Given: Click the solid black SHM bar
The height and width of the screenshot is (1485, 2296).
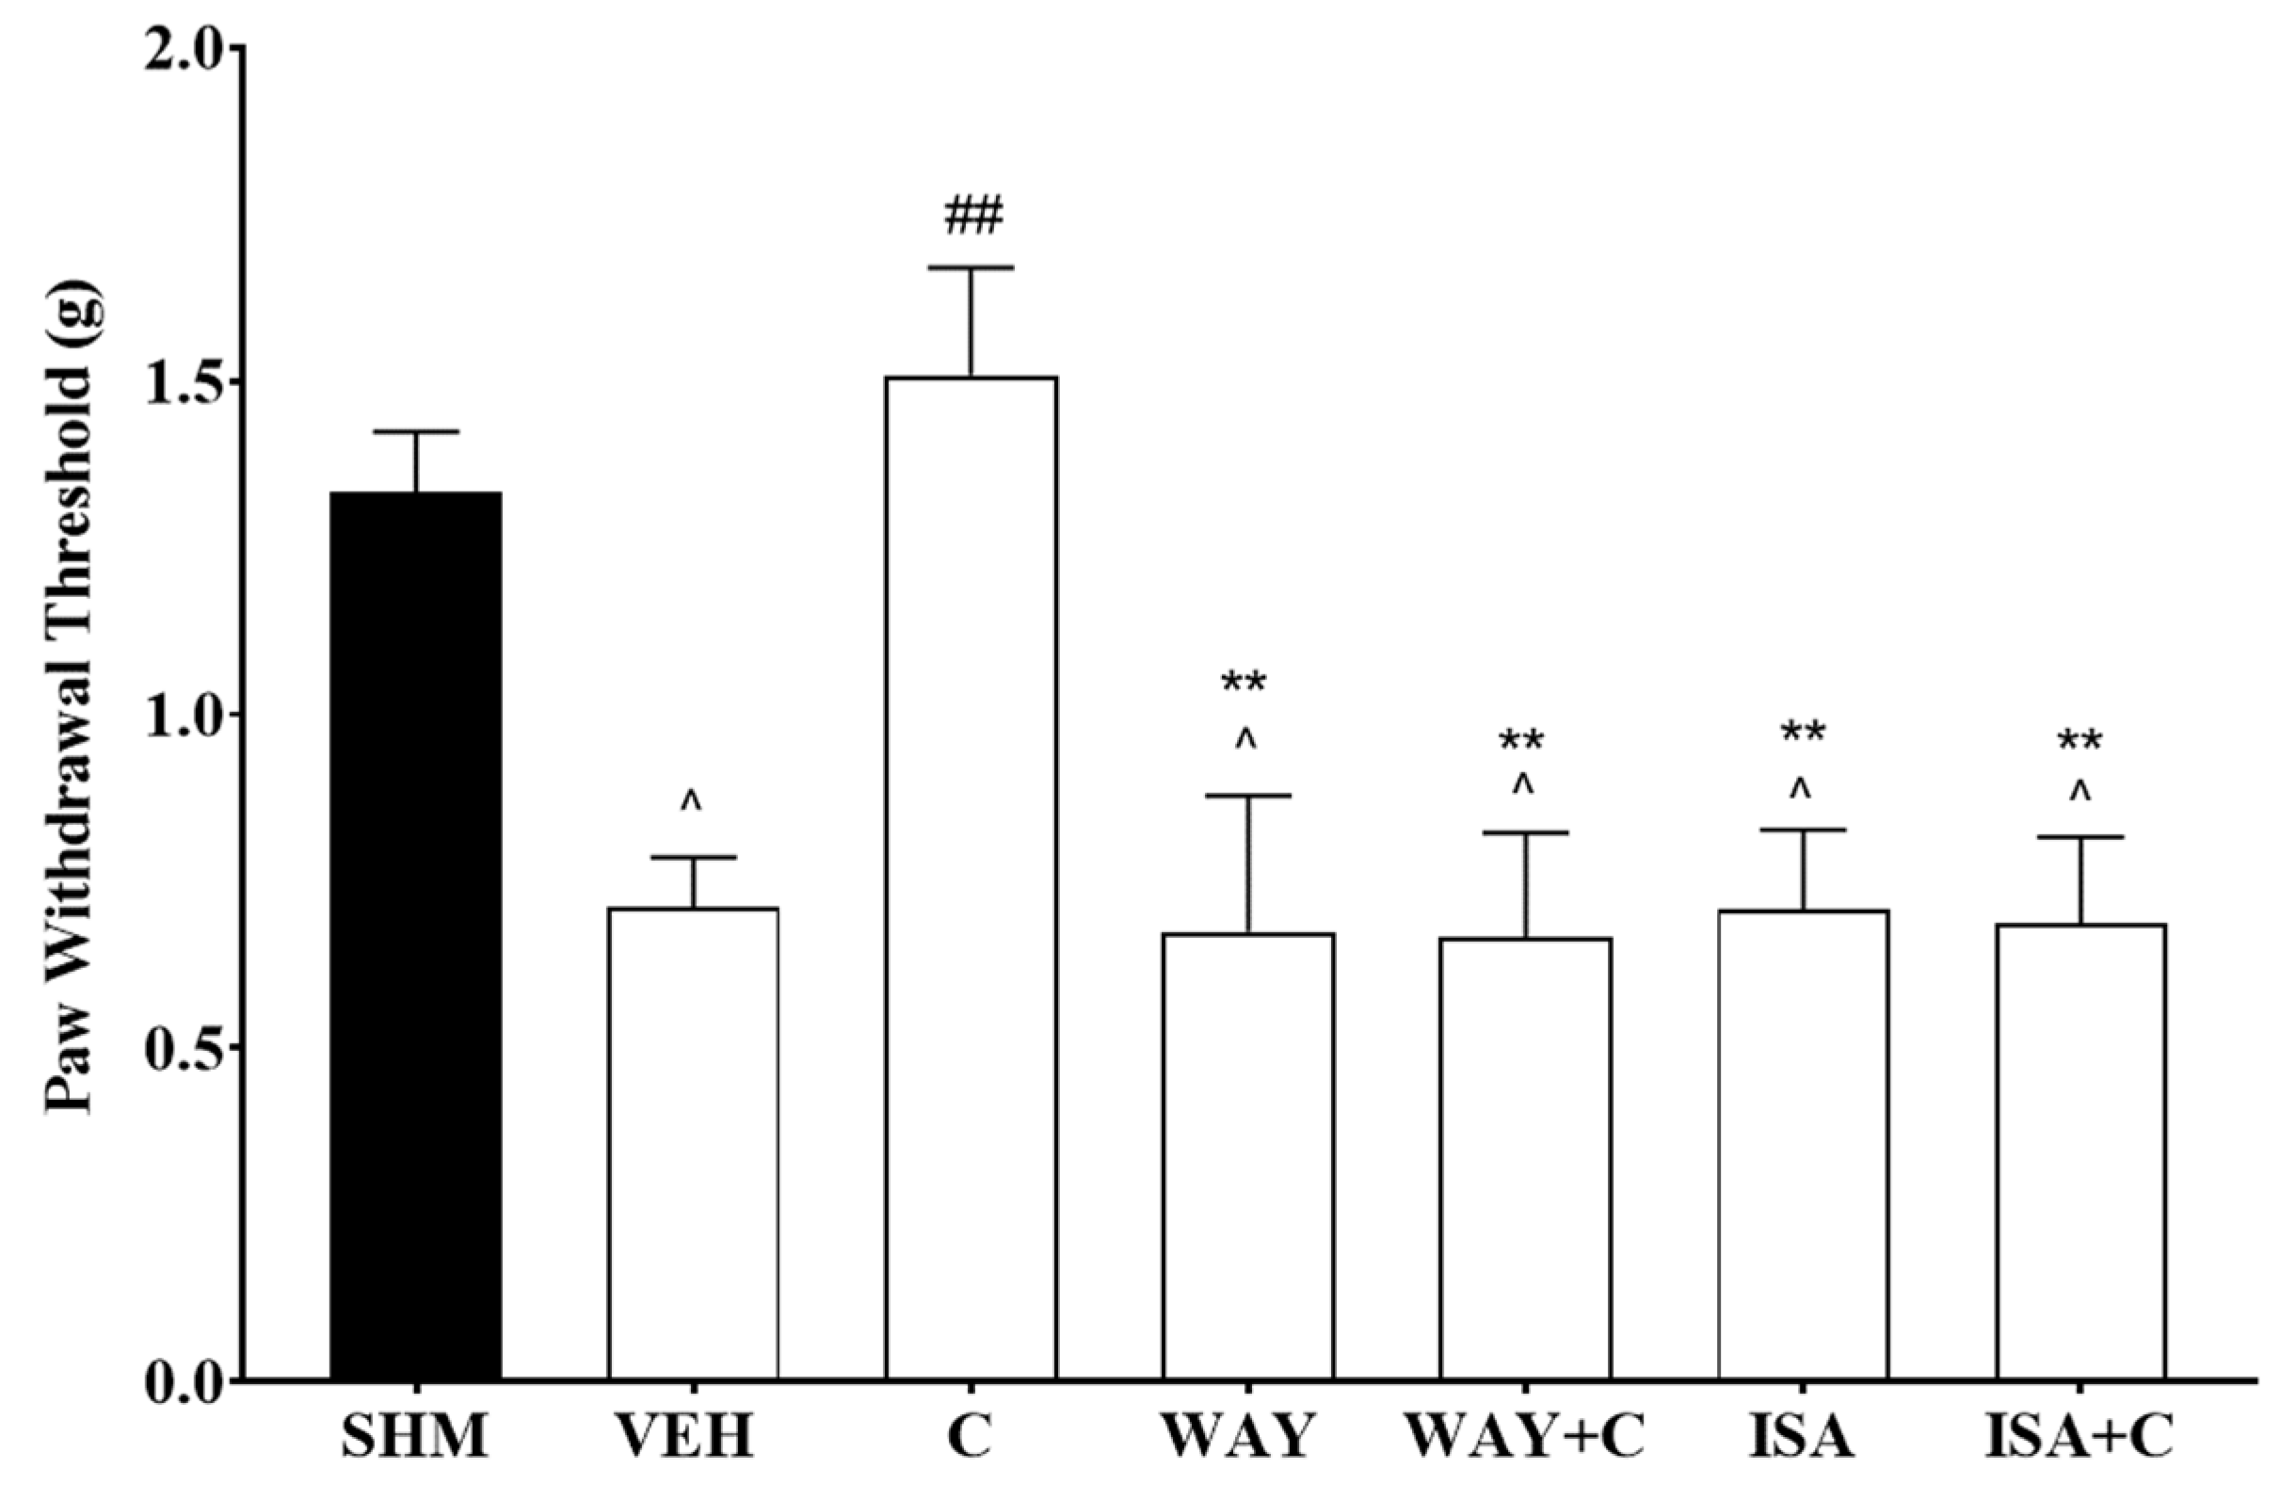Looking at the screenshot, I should pyautogui.click(x=415, y=935).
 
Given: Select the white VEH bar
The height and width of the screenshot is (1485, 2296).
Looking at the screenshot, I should pyautogui.click(x=693, y=1142).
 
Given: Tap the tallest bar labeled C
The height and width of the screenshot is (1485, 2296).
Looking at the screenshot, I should pyautogui.click(x=971, y=878).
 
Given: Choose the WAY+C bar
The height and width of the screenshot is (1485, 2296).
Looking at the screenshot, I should pyautogui.click(x=1526, y=1157).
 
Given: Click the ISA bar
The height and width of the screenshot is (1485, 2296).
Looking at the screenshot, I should pyautogui.click(x=1803, y=1143).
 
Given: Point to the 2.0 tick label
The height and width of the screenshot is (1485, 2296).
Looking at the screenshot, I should pyautogui.click(x=190, y=48).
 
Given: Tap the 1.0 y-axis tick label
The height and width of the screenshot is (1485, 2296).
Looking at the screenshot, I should pyautogui.click(x=190, y=717).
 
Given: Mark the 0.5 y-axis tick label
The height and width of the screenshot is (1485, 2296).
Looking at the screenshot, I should pyautogui.click(x=190, y=1049).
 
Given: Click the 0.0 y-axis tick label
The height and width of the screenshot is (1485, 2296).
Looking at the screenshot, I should pyautogui.click(x=190, y=1381).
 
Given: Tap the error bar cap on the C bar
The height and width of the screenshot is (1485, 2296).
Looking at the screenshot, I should pyautogui.click(x=971, y=267).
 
